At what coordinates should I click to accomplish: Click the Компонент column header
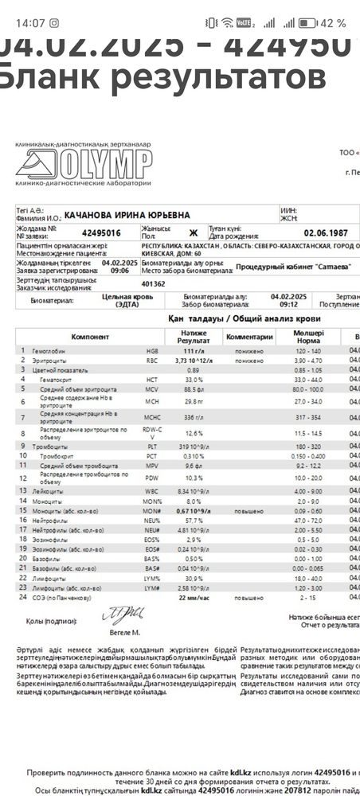(83, 336)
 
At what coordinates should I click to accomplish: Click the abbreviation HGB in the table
(151, 350)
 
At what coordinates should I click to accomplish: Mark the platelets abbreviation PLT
(151, 447)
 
